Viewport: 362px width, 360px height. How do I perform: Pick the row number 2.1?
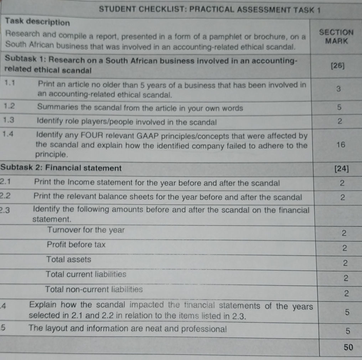(x=7, y=182)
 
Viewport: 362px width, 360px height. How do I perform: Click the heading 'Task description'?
(x=38, y=22)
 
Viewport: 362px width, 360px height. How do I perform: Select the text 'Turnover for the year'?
(x=86, y=230)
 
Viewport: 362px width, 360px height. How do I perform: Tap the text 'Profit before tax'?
(x=76, y=245)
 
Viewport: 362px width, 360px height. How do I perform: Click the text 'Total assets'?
(x=68, y=259)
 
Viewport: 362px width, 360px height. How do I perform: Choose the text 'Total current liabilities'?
(x=86, y=274)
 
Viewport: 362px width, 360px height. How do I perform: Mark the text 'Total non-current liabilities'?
(x=94, y=289)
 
